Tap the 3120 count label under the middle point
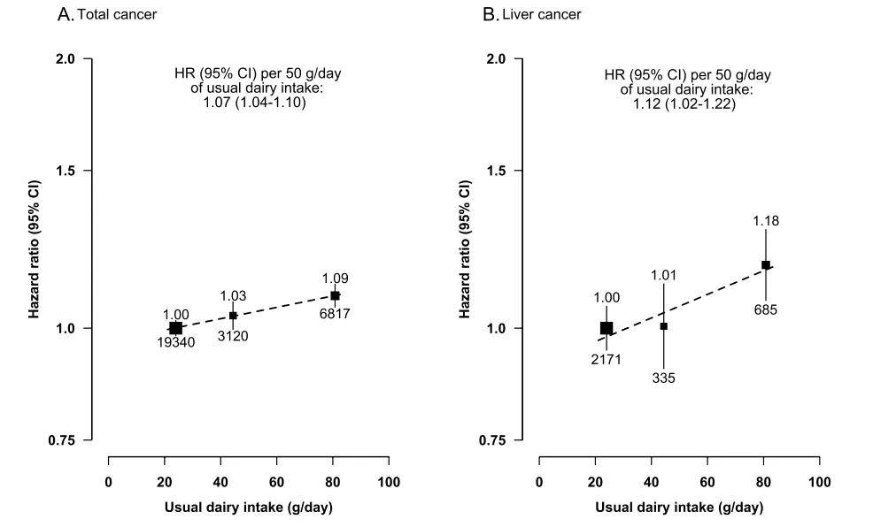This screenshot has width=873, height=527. pos(233,337)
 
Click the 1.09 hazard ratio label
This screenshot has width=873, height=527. pos(336,279)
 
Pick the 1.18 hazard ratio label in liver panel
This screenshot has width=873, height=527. pos(766,221)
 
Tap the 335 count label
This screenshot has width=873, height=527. pos(664,378)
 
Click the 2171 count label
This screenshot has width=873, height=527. pos(606,358)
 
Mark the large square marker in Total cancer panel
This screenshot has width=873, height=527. pos(175,328)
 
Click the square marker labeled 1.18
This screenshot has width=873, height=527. pos(766,264)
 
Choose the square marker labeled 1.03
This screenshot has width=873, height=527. pos(233,315)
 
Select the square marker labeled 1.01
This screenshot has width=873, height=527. pos(664,326)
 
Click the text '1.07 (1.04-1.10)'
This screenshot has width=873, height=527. pos(255,103)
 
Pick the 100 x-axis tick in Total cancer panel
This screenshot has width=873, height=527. pos(388,482)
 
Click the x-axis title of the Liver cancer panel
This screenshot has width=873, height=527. pos(678,508)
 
